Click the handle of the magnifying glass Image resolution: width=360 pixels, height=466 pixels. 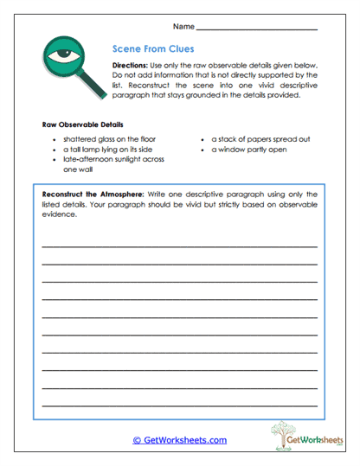click(x=93, y=87)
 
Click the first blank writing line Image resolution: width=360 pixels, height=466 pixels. click(x=179, y=246)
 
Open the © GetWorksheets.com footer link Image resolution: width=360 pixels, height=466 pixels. click(x=179, y=440)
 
